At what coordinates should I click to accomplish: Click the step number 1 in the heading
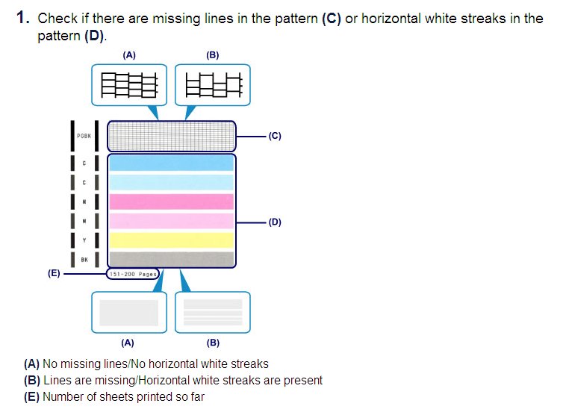pos(21,18)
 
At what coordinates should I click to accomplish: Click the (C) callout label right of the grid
pos(275,136)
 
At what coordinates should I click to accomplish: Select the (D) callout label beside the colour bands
pos(275,222)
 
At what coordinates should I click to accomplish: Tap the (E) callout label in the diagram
pos(54,274)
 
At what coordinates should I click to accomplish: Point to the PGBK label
pos(84,137)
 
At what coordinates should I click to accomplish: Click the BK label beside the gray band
pos(84,259)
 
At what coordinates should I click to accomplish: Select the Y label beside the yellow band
pos(84,240)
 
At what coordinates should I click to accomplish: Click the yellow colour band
pos(172,240)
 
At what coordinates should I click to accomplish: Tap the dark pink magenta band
pos(172,202)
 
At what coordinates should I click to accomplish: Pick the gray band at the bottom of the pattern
pos(172,258)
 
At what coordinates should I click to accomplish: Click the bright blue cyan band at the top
pos(172,163)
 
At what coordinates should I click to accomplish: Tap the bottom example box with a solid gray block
pos(129,312)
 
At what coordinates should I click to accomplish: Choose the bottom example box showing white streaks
pos(212,312)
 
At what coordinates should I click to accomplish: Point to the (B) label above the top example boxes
pos(212,54)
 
